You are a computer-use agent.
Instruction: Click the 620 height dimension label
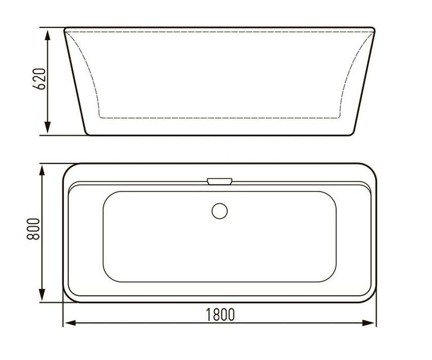39,79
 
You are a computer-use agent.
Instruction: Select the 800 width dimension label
33,229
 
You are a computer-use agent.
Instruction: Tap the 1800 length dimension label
220,315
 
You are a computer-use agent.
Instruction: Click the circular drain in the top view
220,211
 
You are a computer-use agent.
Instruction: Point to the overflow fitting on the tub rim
220,181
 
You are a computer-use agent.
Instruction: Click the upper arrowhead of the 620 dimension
48,36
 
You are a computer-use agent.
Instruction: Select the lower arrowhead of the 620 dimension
48,127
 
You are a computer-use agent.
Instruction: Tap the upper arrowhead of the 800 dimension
42,171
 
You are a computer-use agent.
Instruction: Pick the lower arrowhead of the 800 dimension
42,295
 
